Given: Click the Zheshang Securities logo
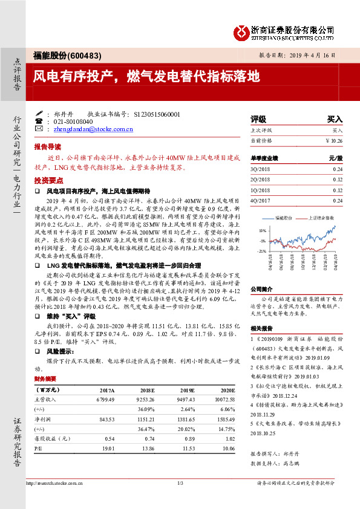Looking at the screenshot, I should (x=284, y=32).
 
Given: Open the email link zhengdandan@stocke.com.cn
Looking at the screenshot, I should (x=93, y=129).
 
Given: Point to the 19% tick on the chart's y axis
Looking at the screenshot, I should (x=262, y=231).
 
